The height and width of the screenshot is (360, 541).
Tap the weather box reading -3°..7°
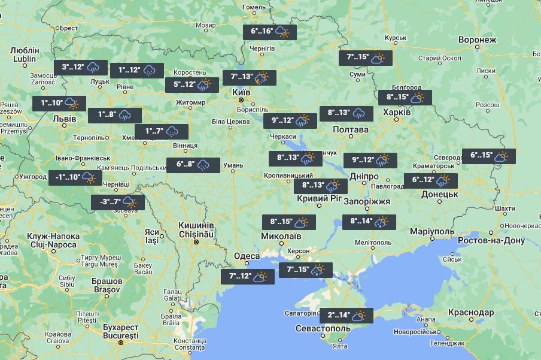[117, 202]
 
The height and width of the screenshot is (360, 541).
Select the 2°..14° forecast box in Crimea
[346, 316]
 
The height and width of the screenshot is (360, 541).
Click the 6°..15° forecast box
[488, 156]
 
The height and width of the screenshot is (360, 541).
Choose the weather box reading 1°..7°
[161, 131]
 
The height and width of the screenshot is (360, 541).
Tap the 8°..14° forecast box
[369, 222]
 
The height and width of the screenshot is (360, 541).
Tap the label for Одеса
[247, 256]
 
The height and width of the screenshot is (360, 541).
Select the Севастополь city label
[323, 329]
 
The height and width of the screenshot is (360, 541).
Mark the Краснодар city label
[470, 313]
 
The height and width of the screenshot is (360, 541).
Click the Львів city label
[64, 119]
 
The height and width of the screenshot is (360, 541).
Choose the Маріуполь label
[433, 231]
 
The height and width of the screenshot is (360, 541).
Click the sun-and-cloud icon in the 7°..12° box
[260, 277]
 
